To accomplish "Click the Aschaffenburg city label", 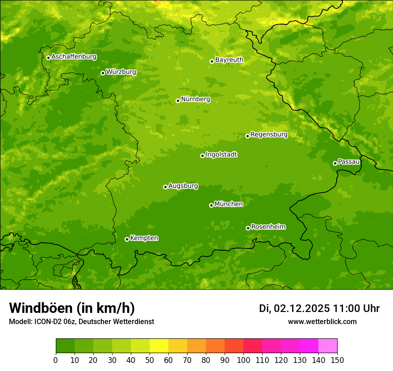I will (74, 57).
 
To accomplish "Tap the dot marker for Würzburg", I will (103, 73).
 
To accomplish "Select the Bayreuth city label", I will (229, 60).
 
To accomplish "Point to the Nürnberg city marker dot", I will (178, 101).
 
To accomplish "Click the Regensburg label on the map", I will (269, 135).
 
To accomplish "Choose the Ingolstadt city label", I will (221, 155).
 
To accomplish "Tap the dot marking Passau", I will (335, 163).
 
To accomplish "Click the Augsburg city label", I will (183, 186).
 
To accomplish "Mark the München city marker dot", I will (211, 205).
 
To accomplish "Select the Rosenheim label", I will (268, 227).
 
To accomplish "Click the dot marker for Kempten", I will (127, 239).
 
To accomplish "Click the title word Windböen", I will (41, 308).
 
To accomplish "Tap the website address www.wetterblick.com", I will (322, 321).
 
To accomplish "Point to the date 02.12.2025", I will (302, 308).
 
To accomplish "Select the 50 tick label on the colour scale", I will (150, 360).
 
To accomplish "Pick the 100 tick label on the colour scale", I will (243, 360).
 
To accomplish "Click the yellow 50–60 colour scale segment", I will (159, 346).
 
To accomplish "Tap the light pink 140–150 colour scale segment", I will (328, 346).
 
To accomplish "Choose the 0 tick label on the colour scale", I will (56, 360).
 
